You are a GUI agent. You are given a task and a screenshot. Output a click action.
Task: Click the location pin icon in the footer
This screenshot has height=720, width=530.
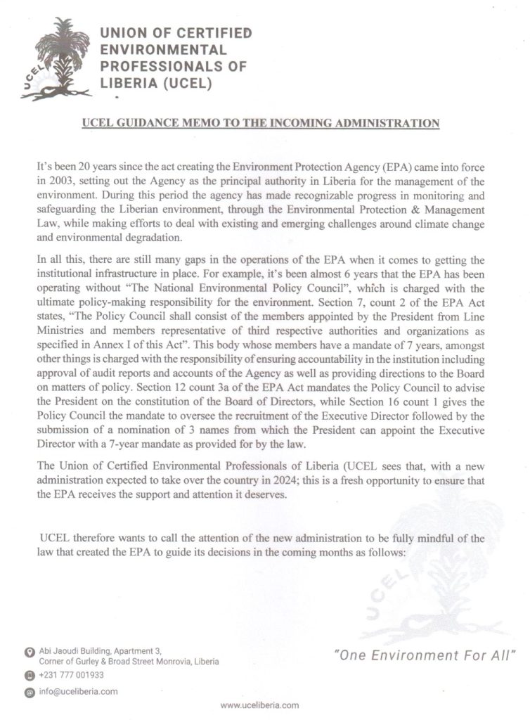(x=29, y=653)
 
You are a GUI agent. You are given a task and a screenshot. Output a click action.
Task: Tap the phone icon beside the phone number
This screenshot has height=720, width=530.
(x=29, y=676)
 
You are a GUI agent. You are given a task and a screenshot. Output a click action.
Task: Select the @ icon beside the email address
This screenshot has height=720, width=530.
(x=29, y=693)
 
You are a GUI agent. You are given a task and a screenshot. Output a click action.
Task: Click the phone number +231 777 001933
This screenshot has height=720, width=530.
(x=72, y=675)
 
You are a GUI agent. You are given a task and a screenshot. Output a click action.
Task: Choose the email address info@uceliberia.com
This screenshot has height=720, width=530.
(x=78, y=692)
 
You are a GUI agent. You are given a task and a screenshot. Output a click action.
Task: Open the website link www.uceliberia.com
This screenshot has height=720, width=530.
(x=259, y=705)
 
